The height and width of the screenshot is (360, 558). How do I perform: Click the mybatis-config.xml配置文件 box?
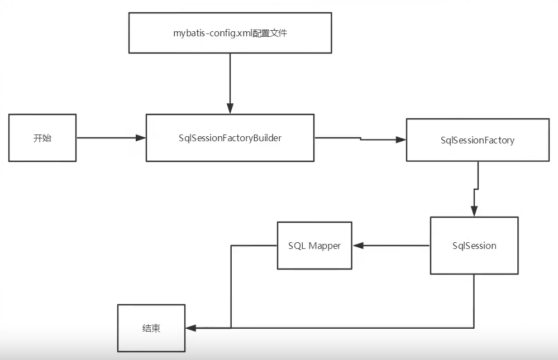[230, 33]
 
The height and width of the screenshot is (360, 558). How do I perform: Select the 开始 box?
[42, 138]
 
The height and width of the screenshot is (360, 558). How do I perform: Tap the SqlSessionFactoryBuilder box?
[230, 138]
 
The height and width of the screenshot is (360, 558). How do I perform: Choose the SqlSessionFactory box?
[477, 140]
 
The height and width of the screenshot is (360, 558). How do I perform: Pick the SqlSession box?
[474, 246]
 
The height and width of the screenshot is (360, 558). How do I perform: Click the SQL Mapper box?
[314, 246]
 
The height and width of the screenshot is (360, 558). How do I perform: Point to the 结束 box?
[151, 328]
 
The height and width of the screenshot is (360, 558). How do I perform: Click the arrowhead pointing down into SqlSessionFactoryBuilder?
[230, 109]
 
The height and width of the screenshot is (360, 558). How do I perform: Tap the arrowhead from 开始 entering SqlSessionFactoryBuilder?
[140, 138]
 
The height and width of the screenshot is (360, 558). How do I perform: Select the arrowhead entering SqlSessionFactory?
[400, 140]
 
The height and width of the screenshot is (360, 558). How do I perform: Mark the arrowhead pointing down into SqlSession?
[474, 211]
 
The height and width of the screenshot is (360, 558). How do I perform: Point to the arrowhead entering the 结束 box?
[191, 328]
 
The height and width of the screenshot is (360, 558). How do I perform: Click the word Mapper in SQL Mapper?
[325, 246]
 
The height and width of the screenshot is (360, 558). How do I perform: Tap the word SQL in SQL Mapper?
[297, 246]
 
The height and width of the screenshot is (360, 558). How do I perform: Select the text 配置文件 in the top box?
[270, 33]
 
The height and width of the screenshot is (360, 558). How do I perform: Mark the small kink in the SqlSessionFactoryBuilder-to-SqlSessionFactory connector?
[360, 138]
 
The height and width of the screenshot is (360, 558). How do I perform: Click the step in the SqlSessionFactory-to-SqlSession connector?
[476, 189]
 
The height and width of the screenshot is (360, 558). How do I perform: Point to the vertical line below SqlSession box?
[474, 301]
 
